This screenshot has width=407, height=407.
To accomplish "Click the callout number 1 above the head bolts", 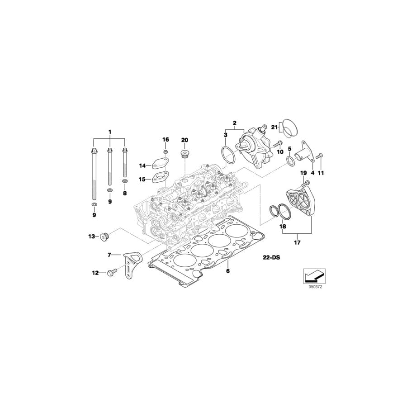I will point(109,132).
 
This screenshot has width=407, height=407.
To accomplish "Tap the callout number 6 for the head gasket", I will point(228,271).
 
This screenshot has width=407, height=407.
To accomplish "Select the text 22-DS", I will point(271,257).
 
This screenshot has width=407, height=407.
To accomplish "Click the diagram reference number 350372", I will point(315,286).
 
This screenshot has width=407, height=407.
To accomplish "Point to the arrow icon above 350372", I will point(314,274).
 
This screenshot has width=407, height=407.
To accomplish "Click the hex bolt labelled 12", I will point(111,273).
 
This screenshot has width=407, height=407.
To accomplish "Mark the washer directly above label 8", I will point(125,181).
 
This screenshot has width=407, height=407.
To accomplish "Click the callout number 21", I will point(273,128).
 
